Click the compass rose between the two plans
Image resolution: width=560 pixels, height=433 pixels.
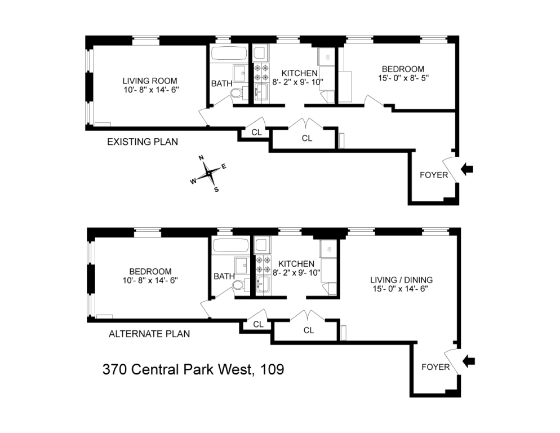(x=208, y=173)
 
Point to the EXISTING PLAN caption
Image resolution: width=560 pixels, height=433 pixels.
(x=143, y=142)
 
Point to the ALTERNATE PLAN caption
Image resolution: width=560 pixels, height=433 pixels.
(x=149, y=334)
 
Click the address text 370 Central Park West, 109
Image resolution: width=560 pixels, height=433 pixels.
(x=193, y=370)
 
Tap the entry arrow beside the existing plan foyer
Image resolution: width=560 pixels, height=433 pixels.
(x=468, y=168)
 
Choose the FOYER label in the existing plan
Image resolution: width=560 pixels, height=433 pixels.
(x=434, y=175)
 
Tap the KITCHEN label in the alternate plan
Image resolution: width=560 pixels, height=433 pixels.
(x=296, y=264)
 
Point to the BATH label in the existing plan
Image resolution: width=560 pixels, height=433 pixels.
(x=221, y=83)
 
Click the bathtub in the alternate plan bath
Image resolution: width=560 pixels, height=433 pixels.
(x=230, y=245)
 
